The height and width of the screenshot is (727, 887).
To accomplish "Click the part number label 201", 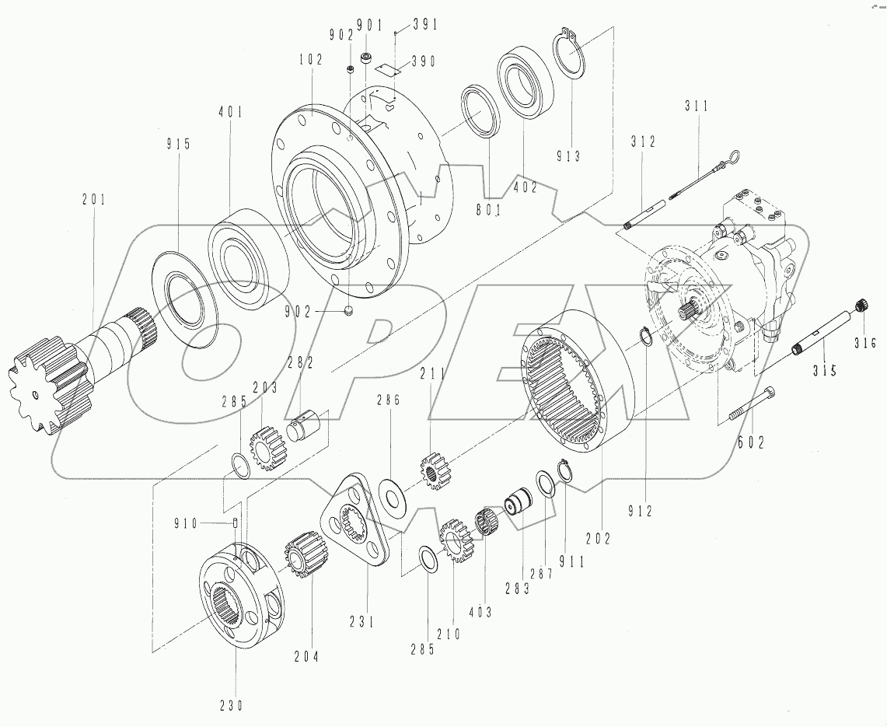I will pos(93,200).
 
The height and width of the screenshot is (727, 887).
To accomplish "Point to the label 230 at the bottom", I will pos(230,706).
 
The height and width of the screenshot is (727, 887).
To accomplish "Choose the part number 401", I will pos(230,112).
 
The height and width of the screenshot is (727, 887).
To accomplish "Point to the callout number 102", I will pos(311,60).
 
